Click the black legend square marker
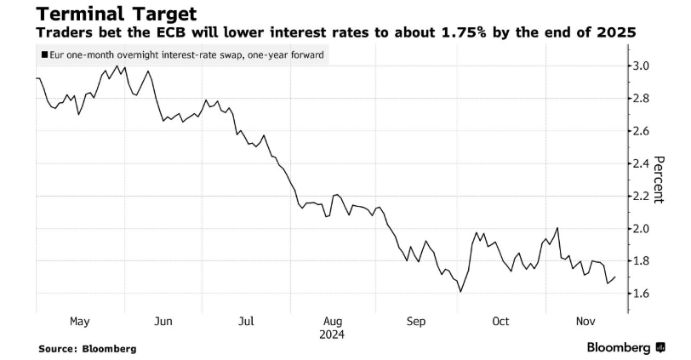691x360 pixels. pos(44,55)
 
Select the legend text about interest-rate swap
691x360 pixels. pos(187,55)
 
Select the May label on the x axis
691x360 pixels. pos(79,321)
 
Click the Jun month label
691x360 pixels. pos(164,321)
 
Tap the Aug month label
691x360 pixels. pos(333,321)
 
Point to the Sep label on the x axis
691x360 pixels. pos(416,321)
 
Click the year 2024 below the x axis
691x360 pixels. pos(333,334)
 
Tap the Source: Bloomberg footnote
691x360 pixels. pos(88,348)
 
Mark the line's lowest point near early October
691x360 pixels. pos(460,292)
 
